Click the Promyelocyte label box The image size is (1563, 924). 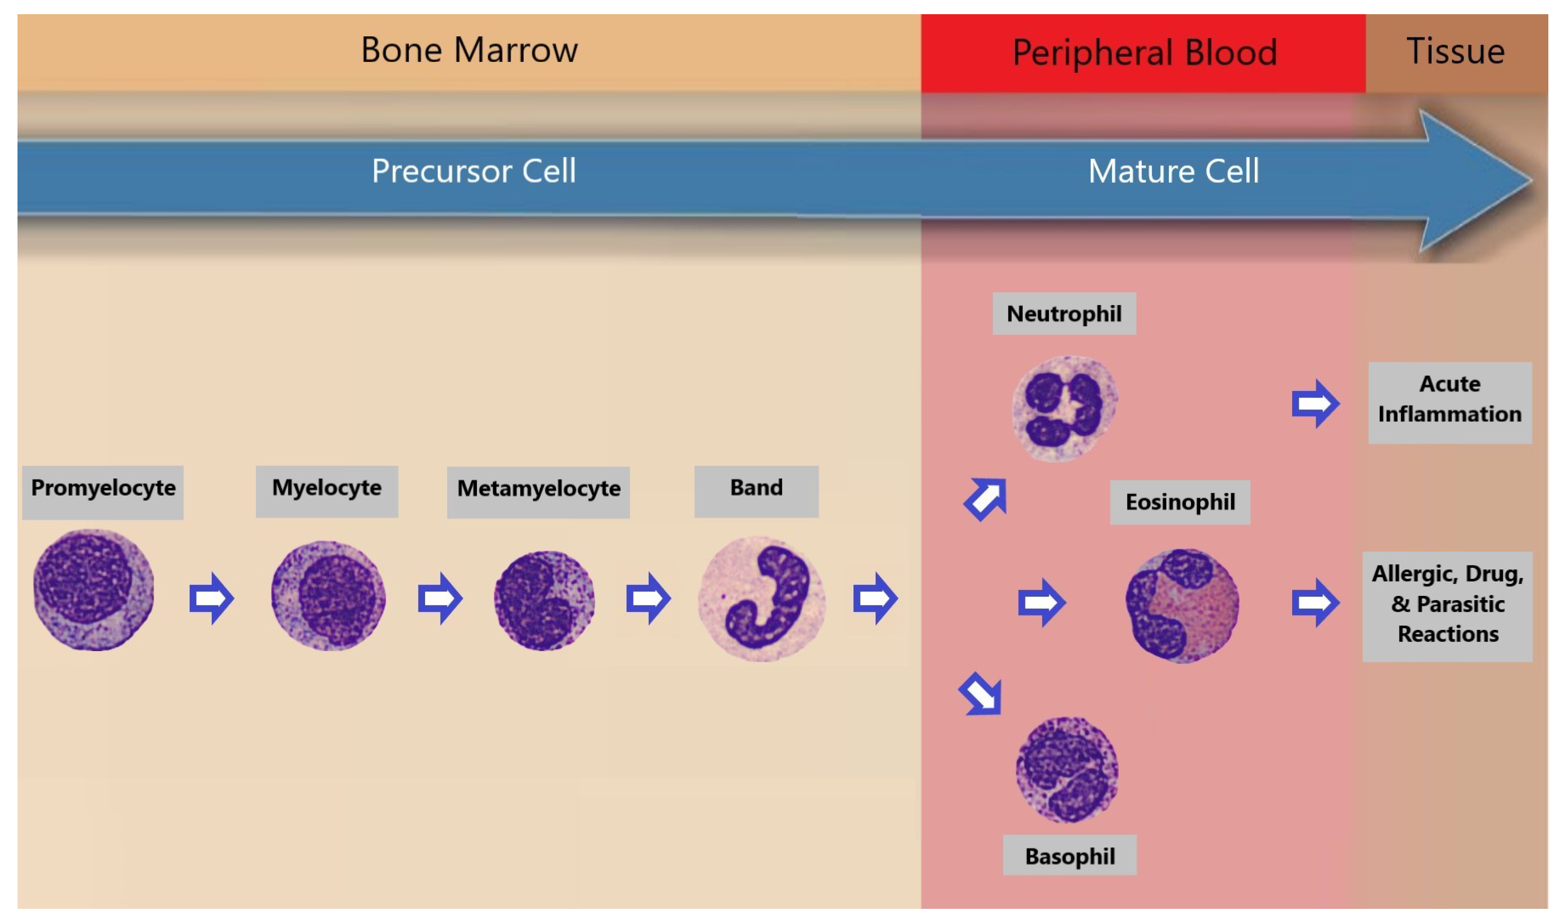pyautogui.click(x=103, y=492)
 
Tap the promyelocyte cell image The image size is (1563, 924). pyautogui.click(x=93, y=589)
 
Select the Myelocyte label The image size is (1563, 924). pyautogui.click(x=327, y=491)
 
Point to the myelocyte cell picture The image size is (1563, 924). pyautogui.click(x=328, y=595)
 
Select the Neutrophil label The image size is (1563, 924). pyautogui.click(x=1064, y=313)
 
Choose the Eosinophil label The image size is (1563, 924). pyautogui.click(x=1180, y=502)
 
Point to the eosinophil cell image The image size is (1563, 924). pyautogui.click(x=1181, y=605)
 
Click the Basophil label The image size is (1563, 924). pyautogui.click(x=1069, y=855)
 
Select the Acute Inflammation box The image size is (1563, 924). pyautogui.click(x=1449, y=402)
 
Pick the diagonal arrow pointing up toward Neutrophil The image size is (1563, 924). pyautogui.click(x=985, y=499)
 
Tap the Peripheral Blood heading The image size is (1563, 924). pyautogui.click(x=1144, y=52)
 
